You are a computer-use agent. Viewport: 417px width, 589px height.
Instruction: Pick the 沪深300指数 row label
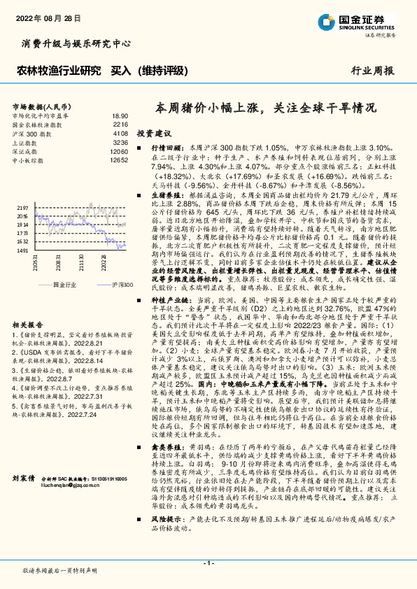[33, 132]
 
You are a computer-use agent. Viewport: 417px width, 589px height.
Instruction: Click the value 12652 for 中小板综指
[119, 160]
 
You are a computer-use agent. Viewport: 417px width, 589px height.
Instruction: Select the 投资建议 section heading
[154, 132]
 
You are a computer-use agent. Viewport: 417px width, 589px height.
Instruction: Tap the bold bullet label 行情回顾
[167, 150]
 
